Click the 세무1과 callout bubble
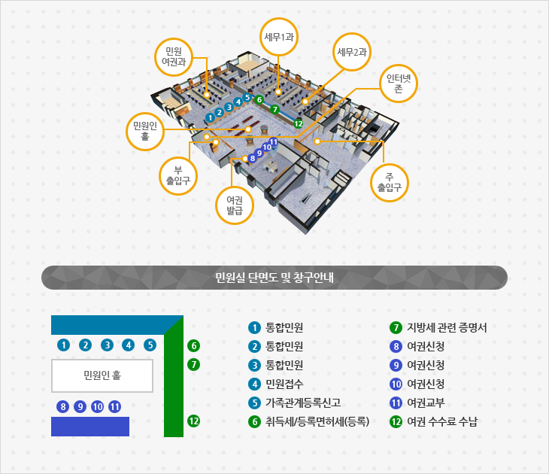pyautogui.click(x=279, y=37)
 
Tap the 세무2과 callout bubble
pyautogui.click(x=351, y=52)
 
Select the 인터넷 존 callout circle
pyautogui.click(x=399, y=84)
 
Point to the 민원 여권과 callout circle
pyautogui.click(x=174, y=57)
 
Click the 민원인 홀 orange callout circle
pyautogui.click(x=145, y=132)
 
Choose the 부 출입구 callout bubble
pyautogui.click(x=178, y=176)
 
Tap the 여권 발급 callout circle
pyautogui.click(x=235, y=205)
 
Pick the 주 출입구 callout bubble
pyautogui.click(x=390, y=183)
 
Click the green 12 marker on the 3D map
pyautogui.click(x=299, y=123)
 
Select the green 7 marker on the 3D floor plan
pyautogui.click(x=274, y=110)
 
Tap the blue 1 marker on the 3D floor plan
pyautogui.click(x=210, y=117)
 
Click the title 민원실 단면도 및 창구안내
pyautogui.click(x=274, y=278)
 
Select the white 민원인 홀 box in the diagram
pyautogui.click(x=102, y=375)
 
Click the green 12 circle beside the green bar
pyautogui.click(x=193, y=421)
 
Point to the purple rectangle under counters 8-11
pyautogui.click(x=90, y=427)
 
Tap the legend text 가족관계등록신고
pyautogui.click(x=303, y=403)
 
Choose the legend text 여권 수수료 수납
pyautogui.click(x=442, y=421)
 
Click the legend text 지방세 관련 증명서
pyautogui.click(x=447, y=327)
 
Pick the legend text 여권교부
pyautogui.click(x=426, y=403)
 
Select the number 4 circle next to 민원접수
pyautogui.click(x=254, y=384)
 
